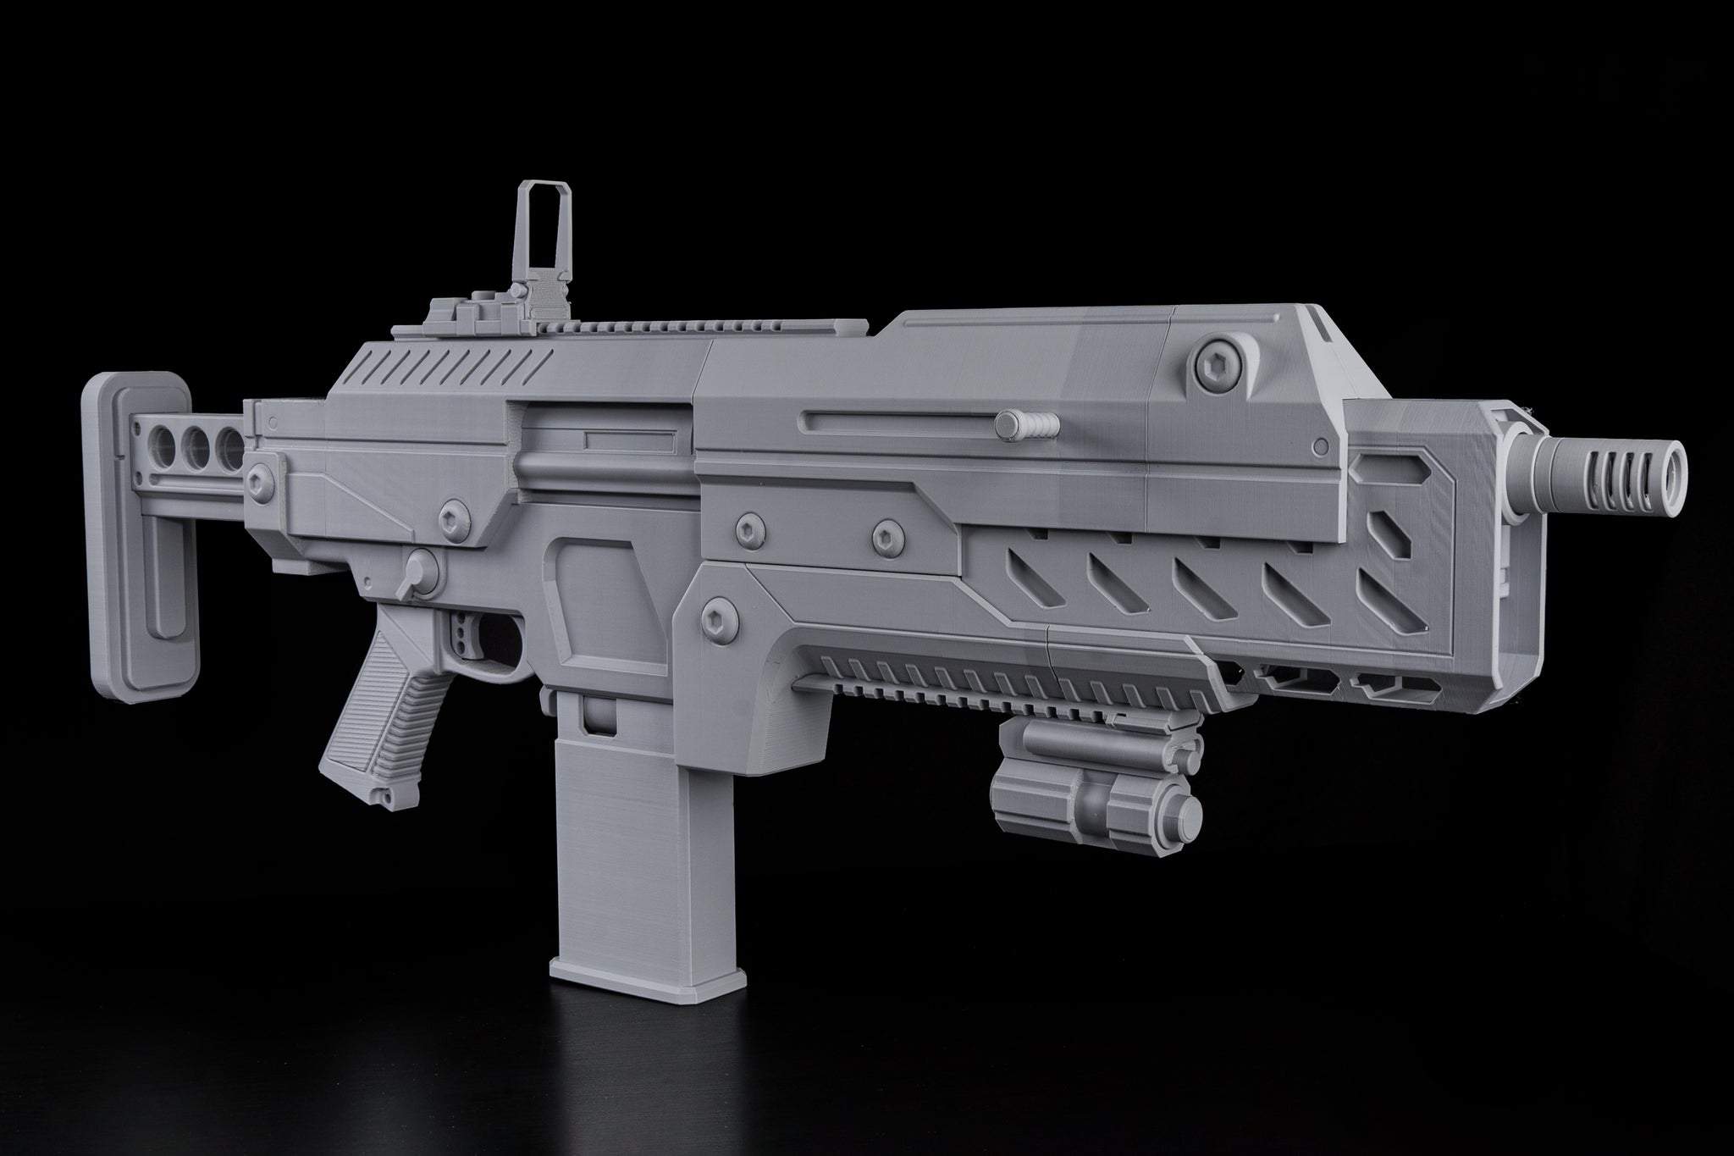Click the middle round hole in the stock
(197, 442)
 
